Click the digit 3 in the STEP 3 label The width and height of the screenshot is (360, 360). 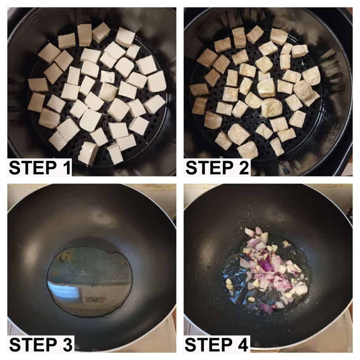[x=67, y=345]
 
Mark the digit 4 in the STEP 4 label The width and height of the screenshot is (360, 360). [x=243, y=345]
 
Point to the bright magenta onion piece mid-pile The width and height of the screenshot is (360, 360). [x=267, y=265]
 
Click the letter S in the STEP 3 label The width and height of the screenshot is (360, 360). [x=15, y=345]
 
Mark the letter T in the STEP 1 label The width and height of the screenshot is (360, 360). [x=27, y=168]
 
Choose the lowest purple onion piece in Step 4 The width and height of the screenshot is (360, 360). [x=266, y=307]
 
